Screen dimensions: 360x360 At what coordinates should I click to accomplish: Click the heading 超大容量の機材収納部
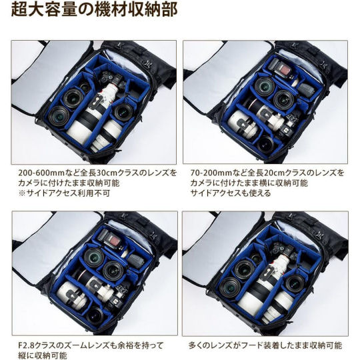coord(94,10)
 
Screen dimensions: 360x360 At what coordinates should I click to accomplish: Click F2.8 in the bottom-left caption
coord(27,345)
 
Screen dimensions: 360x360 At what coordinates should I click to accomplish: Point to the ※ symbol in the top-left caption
coord(22,193)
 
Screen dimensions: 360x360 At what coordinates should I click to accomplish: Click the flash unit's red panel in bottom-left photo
coord(115,241)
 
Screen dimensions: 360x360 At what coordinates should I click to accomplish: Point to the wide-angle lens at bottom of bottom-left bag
coord(95,314)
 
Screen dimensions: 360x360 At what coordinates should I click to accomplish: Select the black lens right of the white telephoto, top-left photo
coord(123,112)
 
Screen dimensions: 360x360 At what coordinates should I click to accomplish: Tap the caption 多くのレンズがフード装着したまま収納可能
coord(265,345)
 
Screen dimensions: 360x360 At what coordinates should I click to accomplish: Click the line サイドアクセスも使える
coord(231,193)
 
